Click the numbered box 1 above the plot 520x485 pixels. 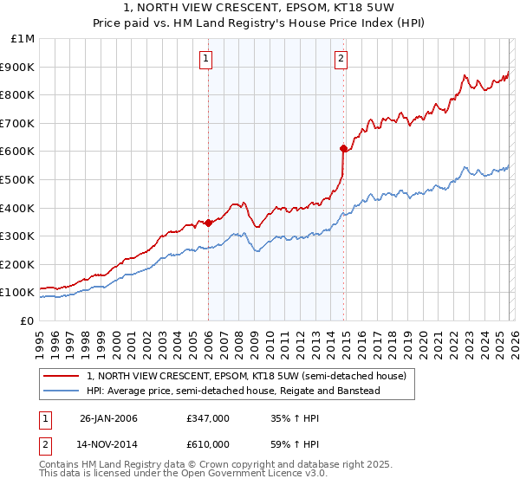206,59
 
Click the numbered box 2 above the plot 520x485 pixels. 341,59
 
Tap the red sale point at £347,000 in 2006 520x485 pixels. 208,223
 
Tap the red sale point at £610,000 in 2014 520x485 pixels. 344,148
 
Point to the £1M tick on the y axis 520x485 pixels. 23,38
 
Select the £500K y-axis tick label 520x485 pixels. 18,179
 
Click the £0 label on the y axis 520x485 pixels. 26,320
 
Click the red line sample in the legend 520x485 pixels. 62,376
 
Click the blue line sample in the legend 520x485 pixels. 62,391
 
